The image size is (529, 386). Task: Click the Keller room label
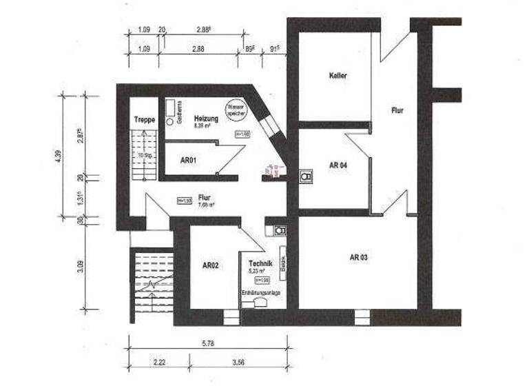point(338,75)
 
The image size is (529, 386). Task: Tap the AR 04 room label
point(338,165)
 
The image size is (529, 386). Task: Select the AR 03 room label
point(358,257)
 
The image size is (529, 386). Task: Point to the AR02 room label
point(210,265)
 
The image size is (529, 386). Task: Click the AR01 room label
point(189,160)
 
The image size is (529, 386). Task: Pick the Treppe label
point(144,120)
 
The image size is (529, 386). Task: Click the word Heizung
point(206,119)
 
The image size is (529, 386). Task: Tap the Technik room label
point(260,264)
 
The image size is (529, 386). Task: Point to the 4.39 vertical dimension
point(59,156)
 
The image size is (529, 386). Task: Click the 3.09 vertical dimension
point(81,265)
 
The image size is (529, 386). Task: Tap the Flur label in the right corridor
point(397,110)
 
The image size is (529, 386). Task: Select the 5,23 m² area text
point(260,272)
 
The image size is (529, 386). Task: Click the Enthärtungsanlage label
point(260,293)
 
